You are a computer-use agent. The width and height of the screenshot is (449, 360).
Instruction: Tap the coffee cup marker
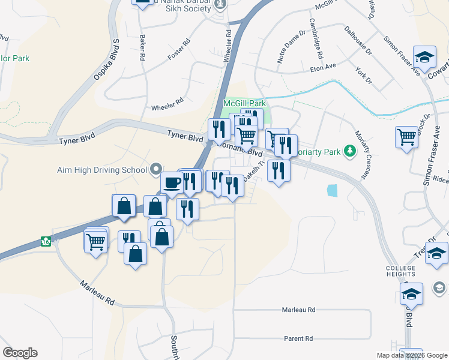[172, 182]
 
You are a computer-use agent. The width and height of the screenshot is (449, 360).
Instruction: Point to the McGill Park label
[240, 103]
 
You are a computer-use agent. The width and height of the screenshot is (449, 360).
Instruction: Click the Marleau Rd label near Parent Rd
[298, 310]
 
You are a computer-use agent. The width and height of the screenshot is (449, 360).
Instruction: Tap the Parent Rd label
[299, 338]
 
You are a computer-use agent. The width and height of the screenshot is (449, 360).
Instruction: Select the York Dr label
[364, 74]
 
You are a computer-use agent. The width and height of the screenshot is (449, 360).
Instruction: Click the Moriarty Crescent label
[360, 155]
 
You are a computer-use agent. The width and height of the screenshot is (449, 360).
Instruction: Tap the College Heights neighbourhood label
[401, 272]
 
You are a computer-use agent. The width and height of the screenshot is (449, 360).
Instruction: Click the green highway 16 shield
[45, 241]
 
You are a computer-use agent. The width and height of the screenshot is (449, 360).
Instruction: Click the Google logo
[20, 353]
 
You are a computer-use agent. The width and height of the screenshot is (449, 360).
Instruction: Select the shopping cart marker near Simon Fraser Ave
[406, 136]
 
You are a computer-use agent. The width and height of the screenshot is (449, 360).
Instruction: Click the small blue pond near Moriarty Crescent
[332, 190]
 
